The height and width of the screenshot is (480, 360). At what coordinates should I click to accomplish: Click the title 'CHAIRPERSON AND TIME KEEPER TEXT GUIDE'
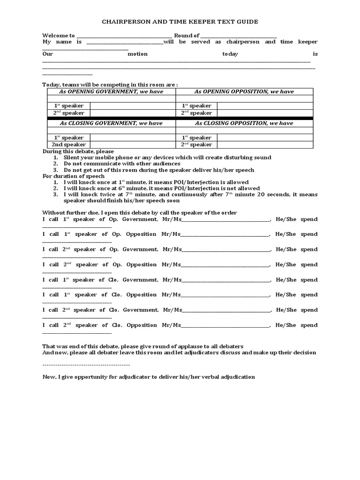[180, 22]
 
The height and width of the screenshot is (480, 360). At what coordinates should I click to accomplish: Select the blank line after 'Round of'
[238, 36]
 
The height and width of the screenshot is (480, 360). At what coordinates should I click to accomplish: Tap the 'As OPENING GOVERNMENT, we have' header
[111, 91]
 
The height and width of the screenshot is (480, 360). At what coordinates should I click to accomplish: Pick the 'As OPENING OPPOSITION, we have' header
[244, 91]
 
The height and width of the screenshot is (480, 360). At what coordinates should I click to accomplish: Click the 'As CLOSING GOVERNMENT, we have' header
[111, 123]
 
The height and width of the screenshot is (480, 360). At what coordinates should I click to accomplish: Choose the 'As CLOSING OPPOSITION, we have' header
[244, 123]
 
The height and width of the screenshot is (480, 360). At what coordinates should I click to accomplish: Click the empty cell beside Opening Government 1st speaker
[133, 106]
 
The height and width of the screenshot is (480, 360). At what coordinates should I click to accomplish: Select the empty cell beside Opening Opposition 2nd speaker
[266, 113]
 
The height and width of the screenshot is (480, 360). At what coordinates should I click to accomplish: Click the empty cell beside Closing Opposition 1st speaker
[266, 138]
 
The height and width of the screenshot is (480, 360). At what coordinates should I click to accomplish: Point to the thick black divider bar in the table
[180, 119]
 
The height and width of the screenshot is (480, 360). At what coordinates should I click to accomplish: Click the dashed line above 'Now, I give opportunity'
[86, 365]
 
